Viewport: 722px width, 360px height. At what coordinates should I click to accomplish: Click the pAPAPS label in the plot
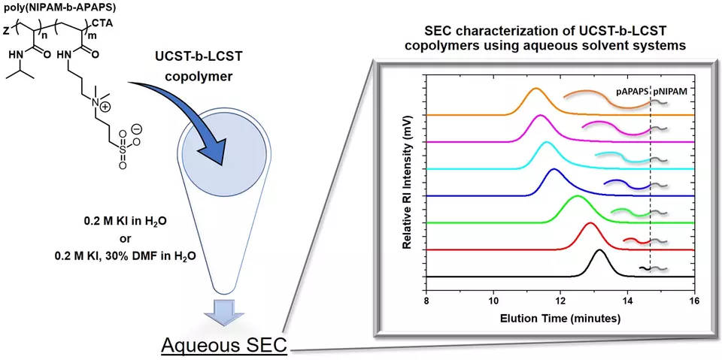[x=632, y=92]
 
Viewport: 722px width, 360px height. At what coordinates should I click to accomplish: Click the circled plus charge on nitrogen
[x=105, y=107]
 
